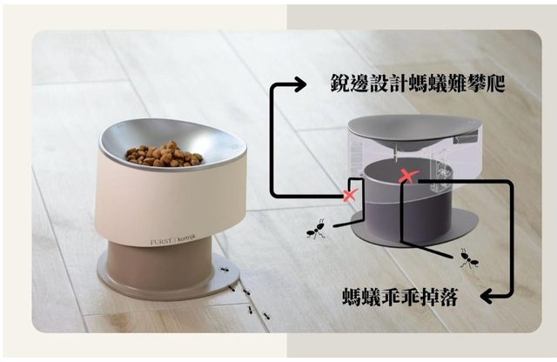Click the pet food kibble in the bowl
pos(164,154)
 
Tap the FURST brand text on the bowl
pos(161,242)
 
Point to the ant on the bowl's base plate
pos(225,269)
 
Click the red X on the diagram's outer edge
pos(350,195)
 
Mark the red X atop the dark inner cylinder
pos(408,176)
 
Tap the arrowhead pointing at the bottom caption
pos(487,296)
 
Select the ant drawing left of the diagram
pos(316,230)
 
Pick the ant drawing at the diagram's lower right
pos(469,258)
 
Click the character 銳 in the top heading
pos(340,84)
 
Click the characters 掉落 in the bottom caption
pos(439,297)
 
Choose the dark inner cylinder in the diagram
pos(408,199)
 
